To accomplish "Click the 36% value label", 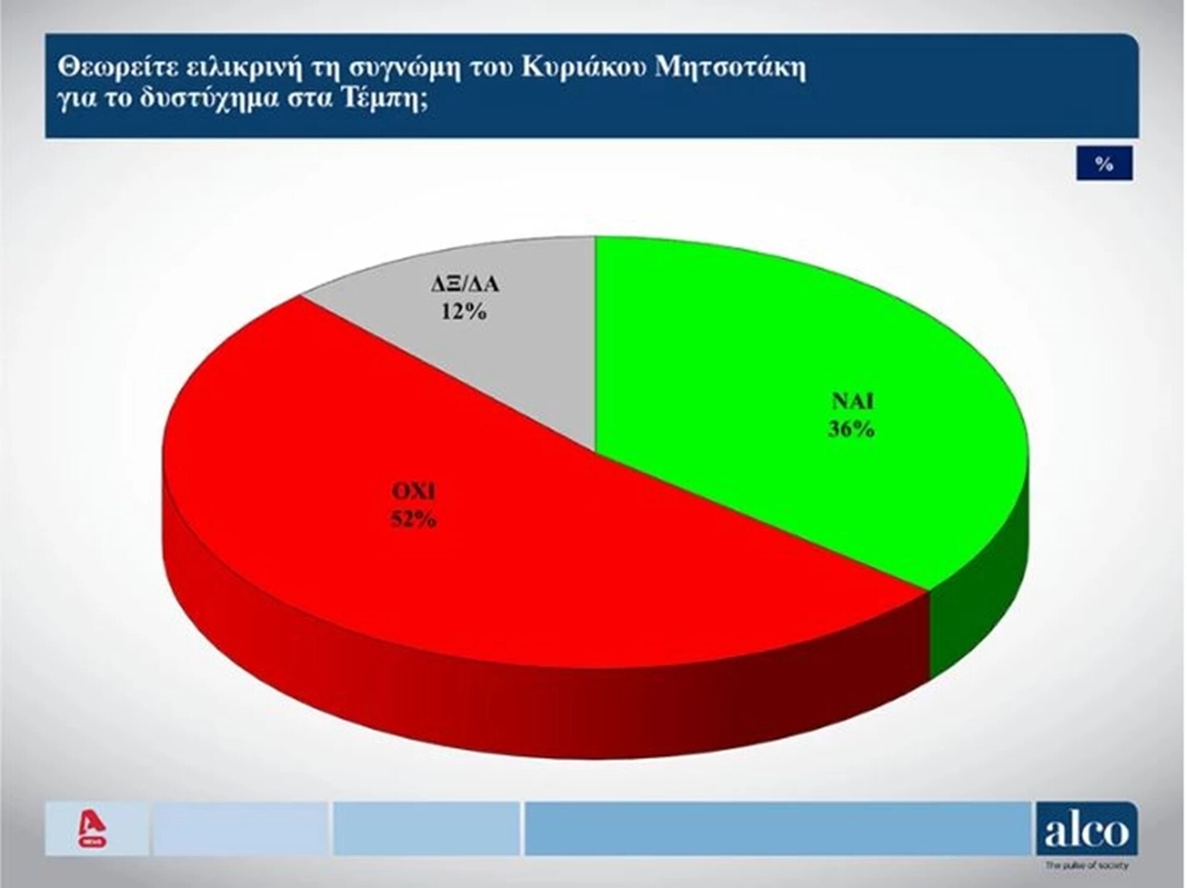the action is tap(851, 429).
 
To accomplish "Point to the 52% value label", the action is tap(413, 519).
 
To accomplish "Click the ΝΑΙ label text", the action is tap(853, 401).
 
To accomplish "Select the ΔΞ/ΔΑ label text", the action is tap(464, 284).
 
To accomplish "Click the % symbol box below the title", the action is tap(1104, 163).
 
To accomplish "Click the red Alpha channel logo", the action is tap(95, 830).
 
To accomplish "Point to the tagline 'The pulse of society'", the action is tap(1086, 866).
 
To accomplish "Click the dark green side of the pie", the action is tap(980, 594).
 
